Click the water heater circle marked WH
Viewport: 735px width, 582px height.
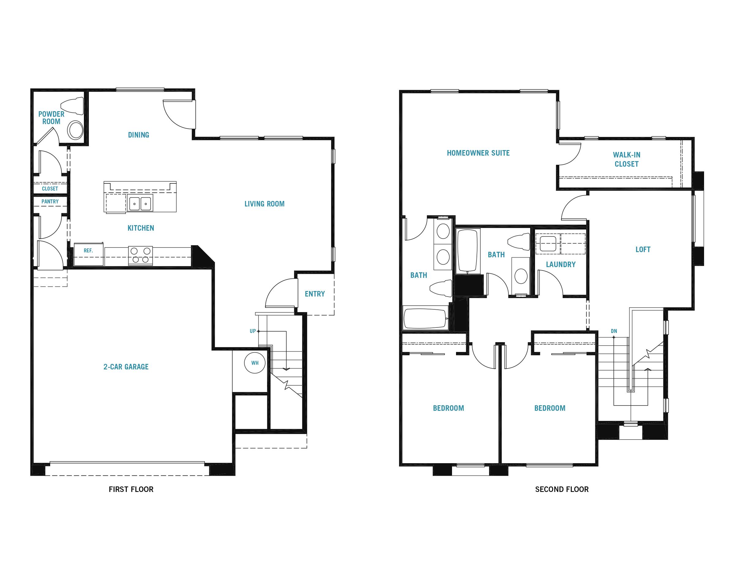pos(255,363)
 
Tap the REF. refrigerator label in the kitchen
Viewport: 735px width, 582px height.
pos(88,251)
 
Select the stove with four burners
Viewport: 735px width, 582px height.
pos(141,255)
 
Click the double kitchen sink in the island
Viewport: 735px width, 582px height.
pos(140,203)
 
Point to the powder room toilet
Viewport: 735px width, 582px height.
pos(72,106)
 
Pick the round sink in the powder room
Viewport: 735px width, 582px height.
pos(75,130)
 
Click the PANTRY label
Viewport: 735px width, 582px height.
pos(50,201)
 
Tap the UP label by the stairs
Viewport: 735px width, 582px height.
pos(253,331)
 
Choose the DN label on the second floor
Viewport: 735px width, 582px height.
pos(614,331)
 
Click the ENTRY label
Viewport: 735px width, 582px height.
pos(315,294)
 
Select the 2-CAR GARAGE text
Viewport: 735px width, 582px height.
pos(126,367)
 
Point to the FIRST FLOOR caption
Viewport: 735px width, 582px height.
pos(131,489)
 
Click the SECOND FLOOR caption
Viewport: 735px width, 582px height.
pos(562,489)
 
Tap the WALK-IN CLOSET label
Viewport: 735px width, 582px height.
pos(627,159)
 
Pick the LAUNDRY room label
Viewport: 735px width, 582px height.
pos(561,264)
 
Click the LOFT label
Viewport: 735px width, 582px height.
pos(643,249)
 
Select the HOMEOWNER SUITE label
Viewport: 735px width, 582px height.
pos(478,153)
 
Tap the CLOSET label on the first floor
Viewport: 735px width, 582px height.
pos(50,188)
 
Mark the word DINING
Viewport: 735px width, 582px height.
pos(139,135)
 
